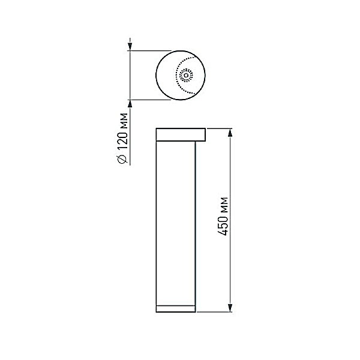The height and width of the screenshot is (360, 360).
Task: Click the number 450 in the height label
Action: pyautogui.click(x=223, y=224)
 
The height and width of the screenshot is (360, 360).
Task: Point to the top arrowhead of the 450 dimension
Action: pyautogui.click(x=230, y=134)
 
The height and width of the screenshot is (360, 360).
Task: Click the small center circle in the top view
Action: pyautogui.click(x=186, y=76)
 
